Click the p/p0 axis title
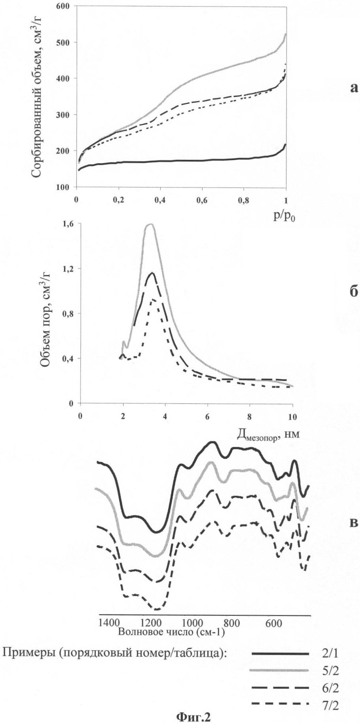[x=284, y=217]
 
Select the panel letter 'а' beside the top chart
[x=354, y=88]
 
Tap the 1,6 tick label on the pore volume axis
[x=68, y=223]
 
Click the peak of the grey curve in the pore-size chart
[x=150, y=225]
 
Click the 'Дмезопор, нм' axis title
[x=265, y=435]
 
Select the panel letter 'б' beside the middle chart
[x=354, y=291]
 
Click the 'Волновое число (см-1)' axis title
[x=171, y=632]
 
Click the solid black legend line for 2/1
[x=280, y=654]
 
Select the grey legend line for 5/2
[x=280, y=670]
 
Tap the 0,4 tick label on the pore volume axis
[x=68, y=358]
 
